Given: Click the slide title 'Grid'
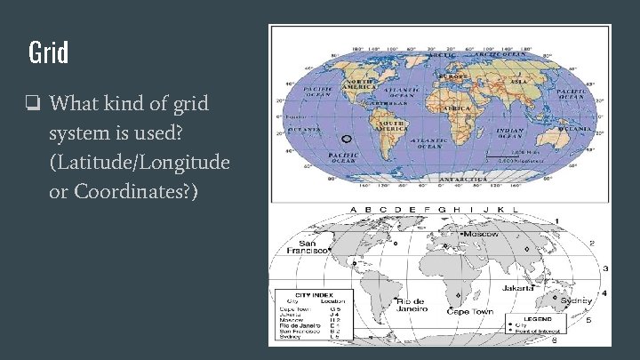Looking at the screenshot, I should [48, 52].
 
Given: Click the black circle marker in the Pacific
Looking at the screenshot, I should [348, 139].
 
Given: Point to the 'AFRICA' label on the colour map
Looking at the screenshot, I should [456, 108].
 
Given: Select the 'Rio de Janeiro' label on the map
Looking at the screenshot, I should [411, 306].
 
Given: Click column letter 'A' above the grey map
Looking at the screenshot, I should [354, 211].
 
